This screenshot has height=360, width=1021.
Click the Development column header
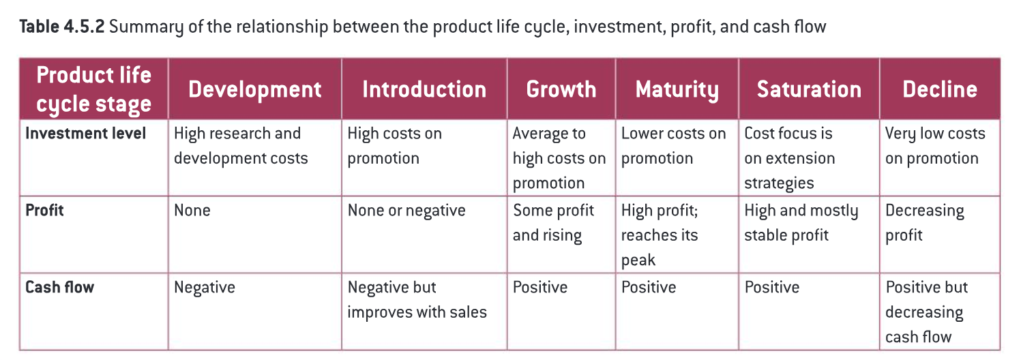[255, 89]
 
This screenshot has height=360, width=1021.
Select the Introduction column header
[424, 89]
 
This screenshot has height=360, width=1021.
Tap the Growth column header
[561, 89]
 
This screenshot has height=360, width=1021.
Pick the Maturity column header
[677, 90]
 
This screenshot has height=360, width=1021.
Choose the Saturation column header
[809, 89]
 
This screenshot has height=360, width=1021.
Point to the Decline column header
[940, 89]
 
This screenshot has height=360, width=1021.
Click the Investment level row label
[85, 134]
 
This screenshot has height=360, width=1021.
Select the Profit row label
[44, 210]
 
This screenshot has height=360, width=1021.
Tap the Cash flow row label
[59, 287]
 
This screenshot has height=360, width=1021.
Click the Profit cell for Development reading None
[192, 211]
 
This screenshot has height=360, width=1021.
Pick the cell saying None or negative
[406, 211]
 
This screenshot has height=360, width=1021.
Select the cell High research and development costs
[241, 146]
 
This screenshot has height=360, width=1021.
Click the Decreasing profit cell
[924, 223]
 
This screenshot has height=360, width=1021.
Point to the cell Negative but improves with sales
[417, 299]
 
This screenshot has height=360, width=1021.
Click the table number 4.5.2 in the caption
[84, 27]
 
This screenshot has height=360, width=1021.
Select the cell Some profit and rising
[553, 223]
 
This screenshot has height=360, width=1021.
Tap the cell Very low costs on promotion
[935, 146]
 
